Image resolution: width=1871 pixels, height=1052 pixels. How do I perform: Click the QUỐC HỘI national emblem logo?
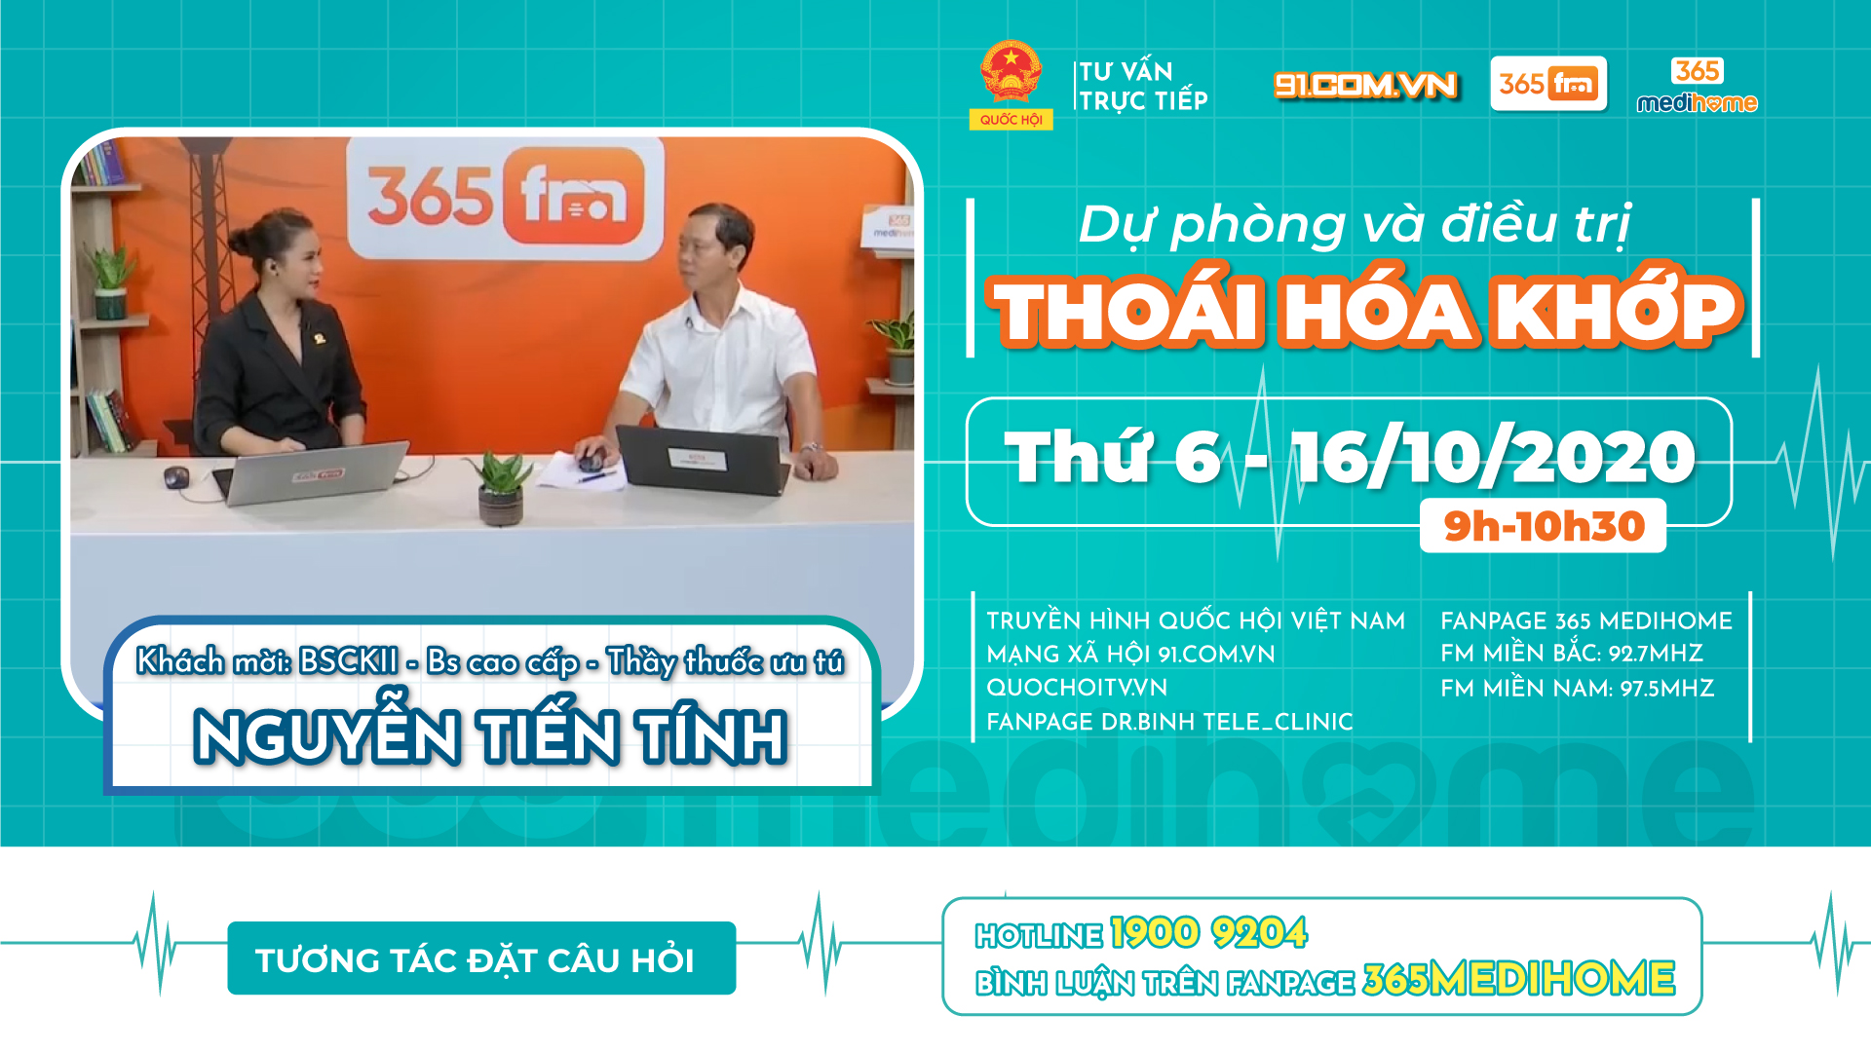click(x=1011, y=85)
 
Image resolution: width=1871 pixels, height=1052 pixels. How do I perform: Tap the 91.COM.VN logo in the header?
click(x=1365, y=86)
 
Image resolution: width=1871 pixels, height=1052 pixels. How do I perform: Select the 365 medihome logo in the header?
click(x=1697, y=86)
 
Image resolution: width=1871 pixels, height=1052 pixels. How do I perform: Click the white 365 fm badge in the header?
click(x=1548, y=84)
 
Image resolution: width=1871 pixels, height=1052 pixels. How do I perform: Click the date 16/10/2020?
click(x=1494, y=457)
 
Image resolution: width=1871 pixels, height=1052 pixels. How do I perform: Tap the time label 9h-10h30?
click(x=1544, y=526)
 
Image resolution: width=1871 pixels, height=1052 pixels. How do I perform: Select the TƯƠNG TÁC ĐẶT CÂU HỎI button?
click(x=481, y=958)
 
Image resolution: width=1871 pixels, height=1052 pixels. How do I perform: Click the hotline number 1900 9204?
click(x=1208, y=933)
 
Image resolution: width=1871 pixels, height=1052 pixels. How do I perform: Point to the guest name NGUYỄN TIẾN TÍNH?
click(x=490, y=735)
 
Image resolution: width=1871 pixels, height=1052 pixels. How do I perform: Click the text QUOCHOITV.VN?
click(x=1077, y=688)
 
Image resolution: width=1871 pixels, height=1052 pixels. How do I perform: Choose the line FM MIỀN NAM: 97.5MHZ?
click(x=1577, y=689)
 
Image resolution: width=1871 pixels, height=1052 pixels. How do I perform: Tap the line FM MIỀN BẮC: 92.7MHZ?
click(x=1572, y=654)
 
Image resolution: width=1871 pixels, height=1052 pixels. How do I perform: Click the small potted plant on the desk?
click(x=501, y=488)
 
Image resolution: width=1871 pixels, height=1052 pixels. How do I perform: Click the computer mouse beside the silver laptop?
click(x=175, y=476)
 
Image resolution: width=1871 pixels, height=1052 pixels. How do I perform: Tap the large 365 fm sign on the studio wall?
click(x=506, y=198)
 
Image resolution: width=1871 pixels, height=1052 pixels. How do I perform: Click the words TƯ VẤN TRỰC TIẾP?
click(x=1143, y=86)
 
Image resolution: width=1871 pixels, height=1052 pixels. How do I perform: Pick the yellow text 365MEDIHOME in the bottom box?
click(x=1519, y=979)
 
